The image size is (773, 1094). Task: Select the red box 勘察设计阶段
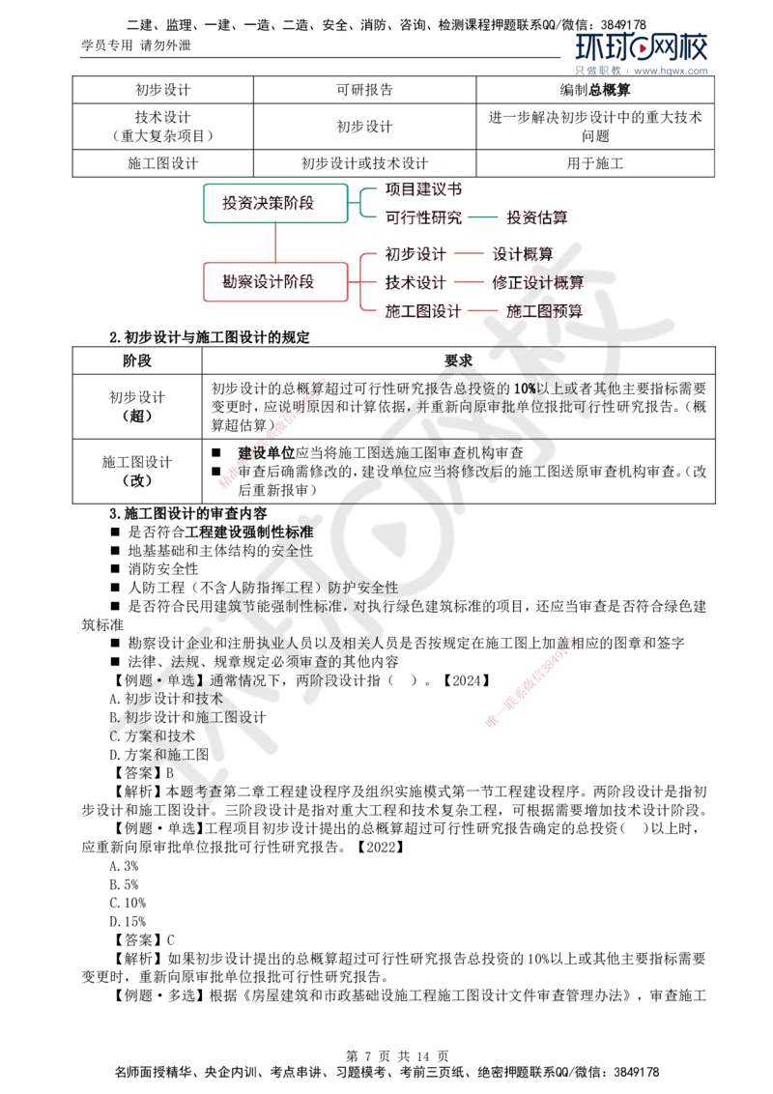[273, 282]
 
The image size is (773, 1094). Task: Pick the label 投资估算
[538, 217]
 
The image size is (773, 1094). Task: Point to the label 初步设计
[416, 255]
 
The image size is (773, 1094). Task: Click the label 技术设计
[416, 283]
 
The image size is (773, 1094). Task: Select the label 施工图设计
[423, 311]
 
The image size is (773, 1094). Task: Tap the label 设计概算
[523, 255]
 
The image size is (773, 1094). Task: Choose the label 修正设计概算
[537, 283]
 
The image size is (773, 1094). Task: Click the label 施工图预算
[544, 311]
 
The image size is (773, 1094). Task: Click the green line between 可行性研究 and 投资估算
[484, 217]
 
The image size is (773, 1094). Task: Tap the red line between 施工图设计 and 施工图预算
[483, 311]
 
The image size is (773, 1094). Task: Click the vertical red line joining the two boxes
[274, 242]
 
